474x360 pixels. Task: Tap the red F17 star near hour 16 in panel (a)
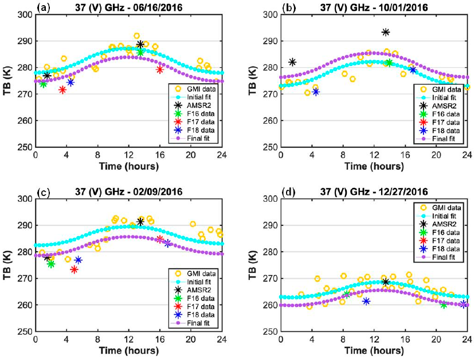coord(160,69)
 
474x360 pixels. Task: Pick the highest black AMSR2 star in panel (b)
coord(386,32)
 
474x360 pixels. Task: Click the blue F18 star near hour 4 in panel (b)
coord(315,92)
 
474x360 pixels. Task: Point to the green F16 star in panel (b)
coord(389,62)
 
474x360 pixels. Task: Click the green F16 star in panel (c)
coord(51,264)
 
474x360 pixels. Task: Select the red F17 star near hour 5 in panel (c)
coord(74,269)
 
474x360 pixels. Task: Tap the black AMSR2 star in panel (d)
coord(386,281)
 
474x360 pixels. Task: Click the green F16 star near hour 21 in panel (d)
coord(444,304)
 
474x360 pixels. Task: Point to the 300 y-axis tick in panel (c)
coord(26,199)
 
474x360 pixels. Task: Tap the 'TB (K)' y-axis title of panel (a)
coord(10,80)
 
